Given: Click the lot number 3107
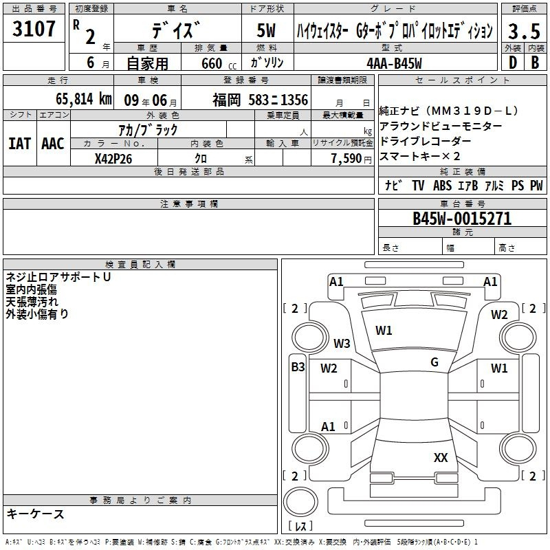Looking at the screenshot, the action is tap(34, 29).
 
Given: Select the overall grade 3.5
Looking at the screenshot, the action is tap(524, 31).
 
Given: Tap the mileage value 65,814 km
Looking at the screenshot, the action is tap(84, 99).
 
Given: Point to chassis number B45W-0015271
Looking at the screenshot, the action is tap(462, 219).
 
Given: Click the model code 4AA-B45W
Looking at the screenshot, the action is tap(394, 63).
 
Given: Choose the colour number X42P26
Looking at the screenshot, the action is tap(113, 159).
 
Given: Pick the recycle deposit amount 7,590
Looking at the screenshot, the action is tap(346, 159).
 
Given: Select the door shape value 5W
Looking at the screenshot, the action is tap(266, 30).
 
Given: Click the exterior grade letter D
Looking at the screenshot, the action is tap(513, 63).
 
